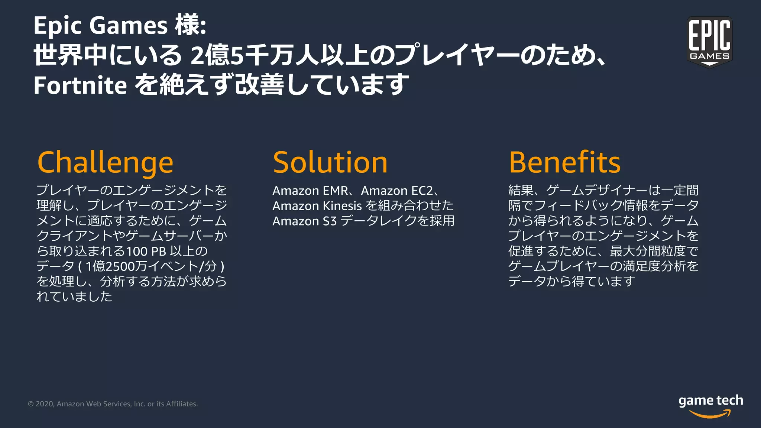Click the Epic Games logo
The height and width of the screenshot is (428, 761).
pyautogui.click(x=709, y=42)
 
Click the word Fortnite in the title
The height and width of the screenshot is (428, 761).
pyautogui.click(x=80, y=85)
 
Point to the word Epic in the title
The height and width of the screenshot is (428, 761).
pyautogui.click(x=57, y=26)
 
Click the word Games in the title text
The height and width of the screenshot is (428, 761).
pyautogui.click(x=128, y=26)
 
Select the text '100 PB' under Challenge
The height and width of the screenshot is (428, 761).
pyautogui.click(x=146, y=252)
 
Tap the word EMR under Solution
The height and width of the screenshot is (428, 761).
pyautogui.click(x=336, y=191)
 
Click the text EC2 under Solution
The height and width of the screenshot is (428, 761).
pyautogui.click(x=422, y=191)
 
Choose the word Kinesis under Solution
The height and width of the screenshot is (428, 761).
pyautogui.click(x=342, y=206)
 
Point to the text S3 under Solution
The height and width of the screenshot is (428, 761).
pyautogui.click(x=329, y=221)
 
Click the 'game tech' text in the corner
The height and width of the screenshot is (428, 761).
pyautogui.click(x=710, y=401)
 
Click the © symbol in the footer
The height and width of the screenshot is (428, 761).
pyautogui.click(x=31, y=404)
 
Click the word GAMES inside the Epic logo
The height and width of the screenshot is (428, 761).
pyautogui.click(x=709, y=56)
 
